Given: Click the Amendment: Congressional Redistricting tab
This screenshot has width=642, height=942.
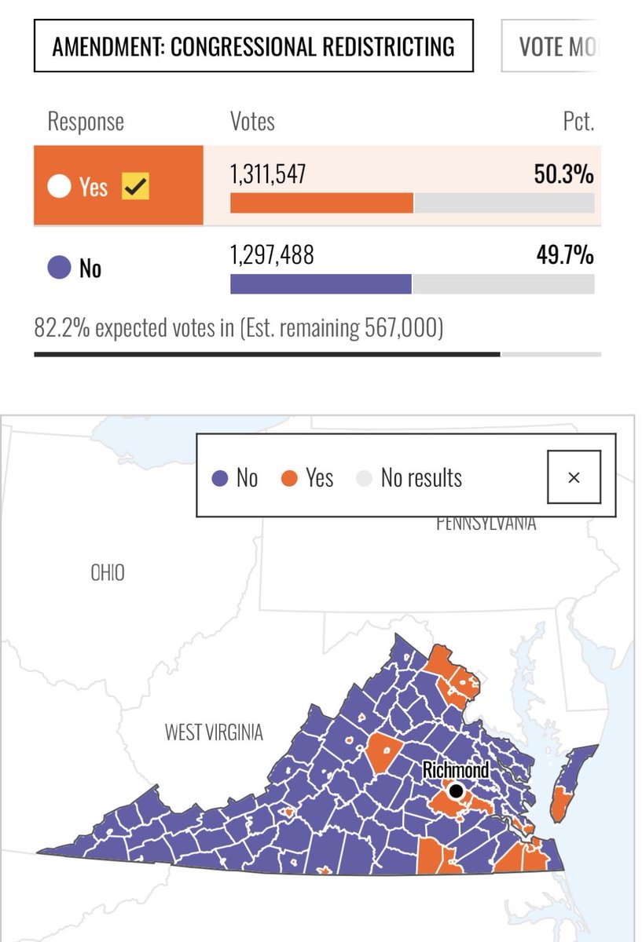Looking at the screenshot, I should point(253,46).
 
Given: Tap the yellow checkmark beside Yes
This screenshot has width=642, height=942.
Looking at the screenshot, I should point(135,187).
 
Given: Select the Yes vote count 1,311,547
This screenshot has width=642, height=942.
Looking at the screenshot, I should point(267,175).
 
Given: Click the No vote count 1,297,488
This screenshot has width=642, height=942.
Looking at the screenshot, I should point(271,255).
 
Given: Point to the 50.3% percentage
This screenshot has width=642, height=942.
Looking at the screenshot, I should point(563,175).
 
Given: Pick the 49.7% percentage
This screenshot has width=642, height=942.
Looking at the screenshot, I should point(563,255).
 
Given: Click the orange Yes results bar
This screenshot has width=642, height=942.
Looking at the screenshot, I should point(321,203).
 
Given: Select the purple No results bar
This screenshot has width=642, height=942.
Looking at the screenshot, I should point(321,283).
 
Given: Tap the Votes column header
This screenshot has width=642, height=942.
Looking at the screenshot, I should point(252,122).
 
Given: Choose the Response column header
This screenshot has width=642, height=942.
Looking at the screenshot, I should point(86,122).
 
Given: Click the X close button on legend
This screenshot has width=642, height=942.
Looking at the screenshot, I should point(574,477).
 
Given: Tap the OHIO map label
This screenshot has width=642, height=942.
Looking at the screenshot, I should point(108,573).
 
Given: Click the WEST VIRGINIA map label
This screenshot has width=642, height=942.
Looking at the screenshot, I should point(214,733).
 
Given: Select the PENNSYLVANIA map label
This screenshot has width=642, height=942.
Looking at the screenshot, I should point(486,524).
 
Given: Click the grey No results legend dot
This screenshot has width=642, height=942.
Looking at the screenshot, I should point(363,478).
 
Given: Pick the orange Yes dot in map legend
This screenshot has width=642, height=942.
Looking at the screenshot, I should point(290,478).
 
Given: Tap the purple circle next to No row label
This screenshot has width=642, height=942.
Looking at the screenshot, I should point(58,268).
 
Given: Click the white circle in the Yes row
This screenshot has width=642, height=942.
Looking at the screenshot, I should point(58,187).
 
